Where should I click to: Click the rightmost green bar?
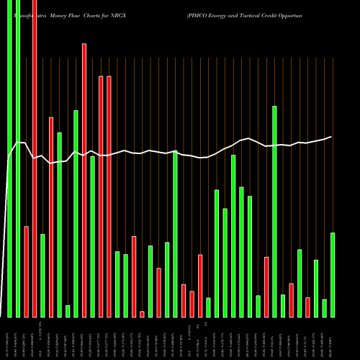(333, 274)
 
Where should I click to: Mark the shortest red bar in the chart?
(142, 313)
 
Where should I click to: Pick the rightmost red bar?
(307, 307)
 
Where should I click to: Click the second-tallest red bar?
(84, 180)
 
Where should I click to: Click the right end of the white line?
(331, 137)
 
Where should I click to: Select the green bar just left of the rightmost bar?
(324, 307)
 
